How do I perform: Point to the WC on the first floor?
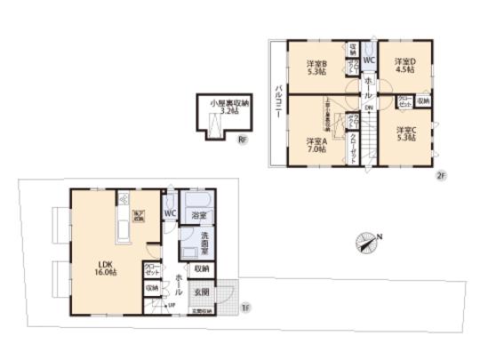click(x=169, y=213)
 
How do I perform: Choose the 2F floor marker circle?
click(x=439, y=175)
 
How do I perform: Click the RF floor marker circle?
click(x=241, y=140)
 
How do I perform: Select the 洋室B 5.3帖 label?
click(x=317, y=68)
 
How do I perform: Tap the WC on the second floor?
click(x=368, y=60)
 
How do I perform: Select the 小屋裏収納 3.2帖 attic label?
click(x=223, y=108)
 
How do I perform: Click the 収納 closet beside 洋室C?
click(x=422, y=101)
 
